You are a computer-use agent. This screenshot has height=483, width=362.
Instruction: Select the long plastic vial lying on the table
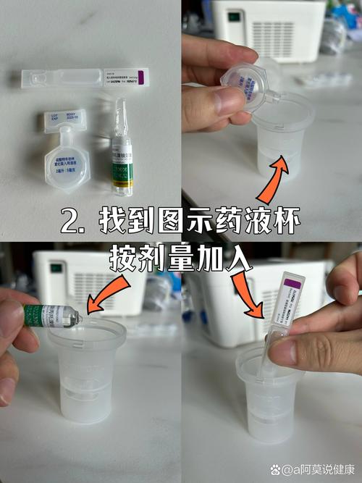(85, 77)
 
